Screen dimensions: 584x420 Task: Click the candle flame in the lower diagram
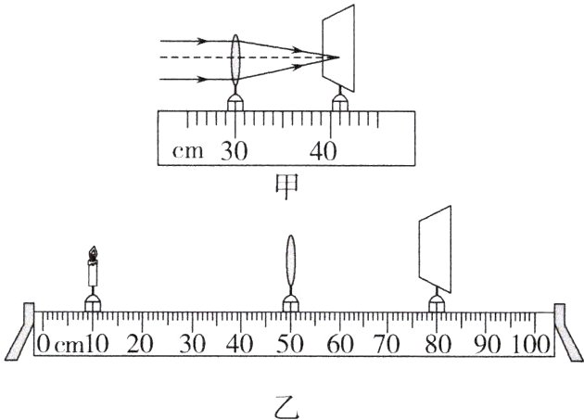(93, 252)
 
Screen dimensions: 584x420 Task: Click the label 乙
(287, 405)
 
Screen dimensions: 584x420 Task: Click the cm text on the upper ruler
(189, 152)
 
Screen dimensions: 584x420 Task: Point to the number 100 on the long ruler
(531, 343)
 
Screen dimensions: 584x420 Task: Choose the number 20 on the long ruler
(142, 343)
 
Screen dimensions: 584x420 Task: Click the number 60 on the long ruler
(340, 343)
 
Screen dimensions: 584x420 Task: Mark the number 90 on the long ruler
(487, 343)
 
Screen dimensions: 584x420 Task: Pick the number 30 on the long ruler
(192, 343)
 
